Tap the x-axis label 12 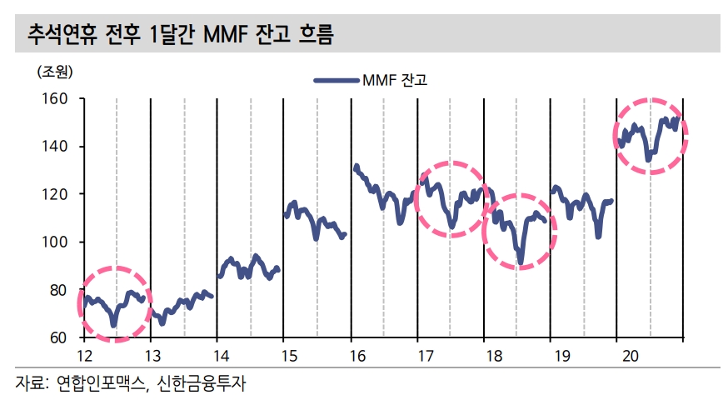coord(84,356)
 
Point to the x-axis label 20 coord(629,356)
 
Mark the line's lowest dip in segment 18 coord(521,262)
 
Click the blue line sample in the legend coord(336,80)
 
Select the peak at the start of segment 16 coord(357,166)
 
